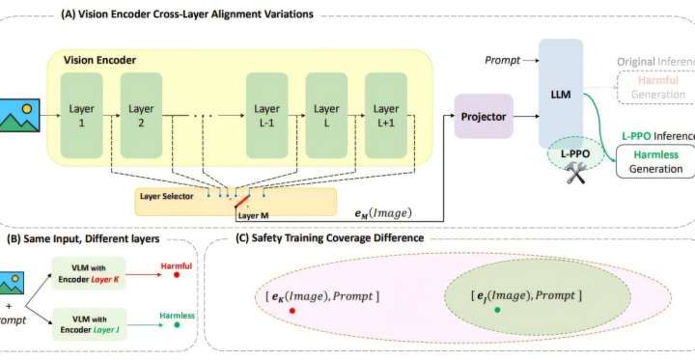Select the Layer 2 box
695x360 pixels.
pyautogui.click(x=142, y=116)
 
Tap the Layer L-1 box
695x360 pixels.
pyautogui.click(x=267, y=116)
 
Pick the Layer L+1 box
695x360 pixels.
pyautogui.click(x=386, y=116)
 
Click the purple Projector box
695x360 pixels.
pyautogui.click(x=483, y=116)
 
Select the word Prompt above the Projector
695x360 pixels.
pyautogui.click(x=500, y=60)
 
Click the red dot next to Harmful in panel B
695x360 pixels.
pyautogui.click(x=177, y=275)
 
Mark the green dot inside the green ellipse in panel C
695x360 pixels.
pyautogui.click(x=496, y=310)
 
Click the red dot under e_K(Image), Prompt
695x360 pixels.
pyautogui.click(x=292, y=311)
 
